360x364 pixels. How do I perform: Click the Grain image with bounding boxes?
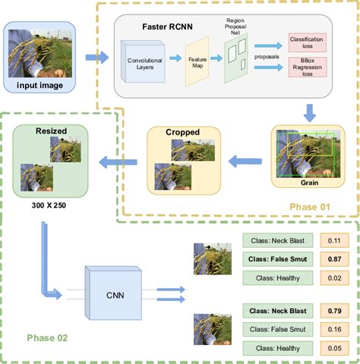coord(307,152)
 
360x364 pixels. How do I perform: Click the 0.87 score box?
coord(332,259)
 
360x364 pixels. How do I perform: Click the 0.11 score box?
coord(332,241)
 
